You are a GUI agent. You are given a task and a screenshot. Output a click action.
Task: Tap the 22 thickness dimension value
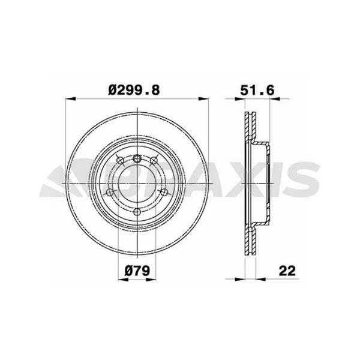coord(289,271)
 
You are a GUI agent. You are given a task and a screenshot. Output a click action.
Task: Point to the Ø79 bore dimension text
coord(137,271)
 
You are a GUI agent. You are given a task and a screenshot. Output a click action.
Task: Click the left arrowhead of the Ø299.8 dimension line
coord(68,99)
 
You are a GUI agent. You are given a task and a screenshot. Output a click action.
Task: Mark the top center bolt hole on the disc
coord(138,158)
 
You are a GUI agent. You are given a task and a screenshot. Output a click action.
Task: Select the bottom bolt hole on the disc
coord(138,211)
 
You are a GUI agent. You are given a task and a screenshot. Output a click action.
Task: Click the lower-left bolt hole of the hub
coord(110,192)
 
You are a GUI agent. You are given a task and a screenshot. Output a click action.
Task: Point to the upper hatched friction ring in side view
coord(248,129)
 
